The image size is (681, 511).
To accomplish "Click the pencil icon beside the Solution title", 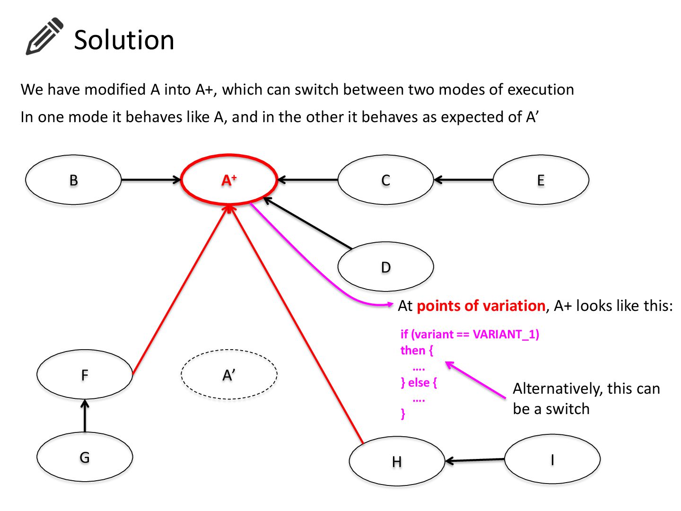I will tap(44, 36).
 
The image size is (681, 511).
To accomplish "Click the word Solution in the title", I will tap(124, 40).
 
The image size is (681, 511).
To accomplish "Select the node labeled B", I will tap(73, 180).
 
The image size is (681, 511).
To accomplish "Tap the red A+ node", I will tap(229, 180).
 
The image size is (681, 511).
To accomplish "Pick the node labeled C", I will tap(385, 180).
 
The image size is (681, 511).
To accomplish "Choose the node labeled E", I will tap(541, 180).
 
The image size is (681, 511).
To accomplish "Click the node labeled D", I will tap(385, 267).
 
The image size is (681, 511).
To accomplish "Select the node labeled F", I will tap(85, 375).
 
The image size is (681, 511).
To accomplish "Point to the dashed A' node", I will tap(229, 375).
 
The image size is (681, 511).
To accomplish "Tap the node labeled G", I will tap(85, 457).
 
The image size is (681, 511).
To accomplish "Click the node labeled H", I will tap(397, 461).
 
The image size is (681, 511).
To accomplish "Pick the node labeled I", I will tap(552, 459).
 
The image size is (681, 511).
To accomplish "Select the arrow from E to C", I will tap(463, 180).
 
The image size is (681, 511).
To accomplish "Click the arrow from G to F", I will tap(85, 416).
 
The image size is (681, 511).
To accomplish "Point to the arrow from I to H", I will tap(475, 460).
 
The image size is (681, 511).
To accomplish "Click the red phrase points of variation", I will tap(481, 306).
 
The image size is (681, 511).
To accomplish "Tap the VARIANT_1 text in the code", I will tap(506, 335).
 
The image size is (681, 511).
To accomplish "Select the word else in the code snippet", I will tap(419, 382).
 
